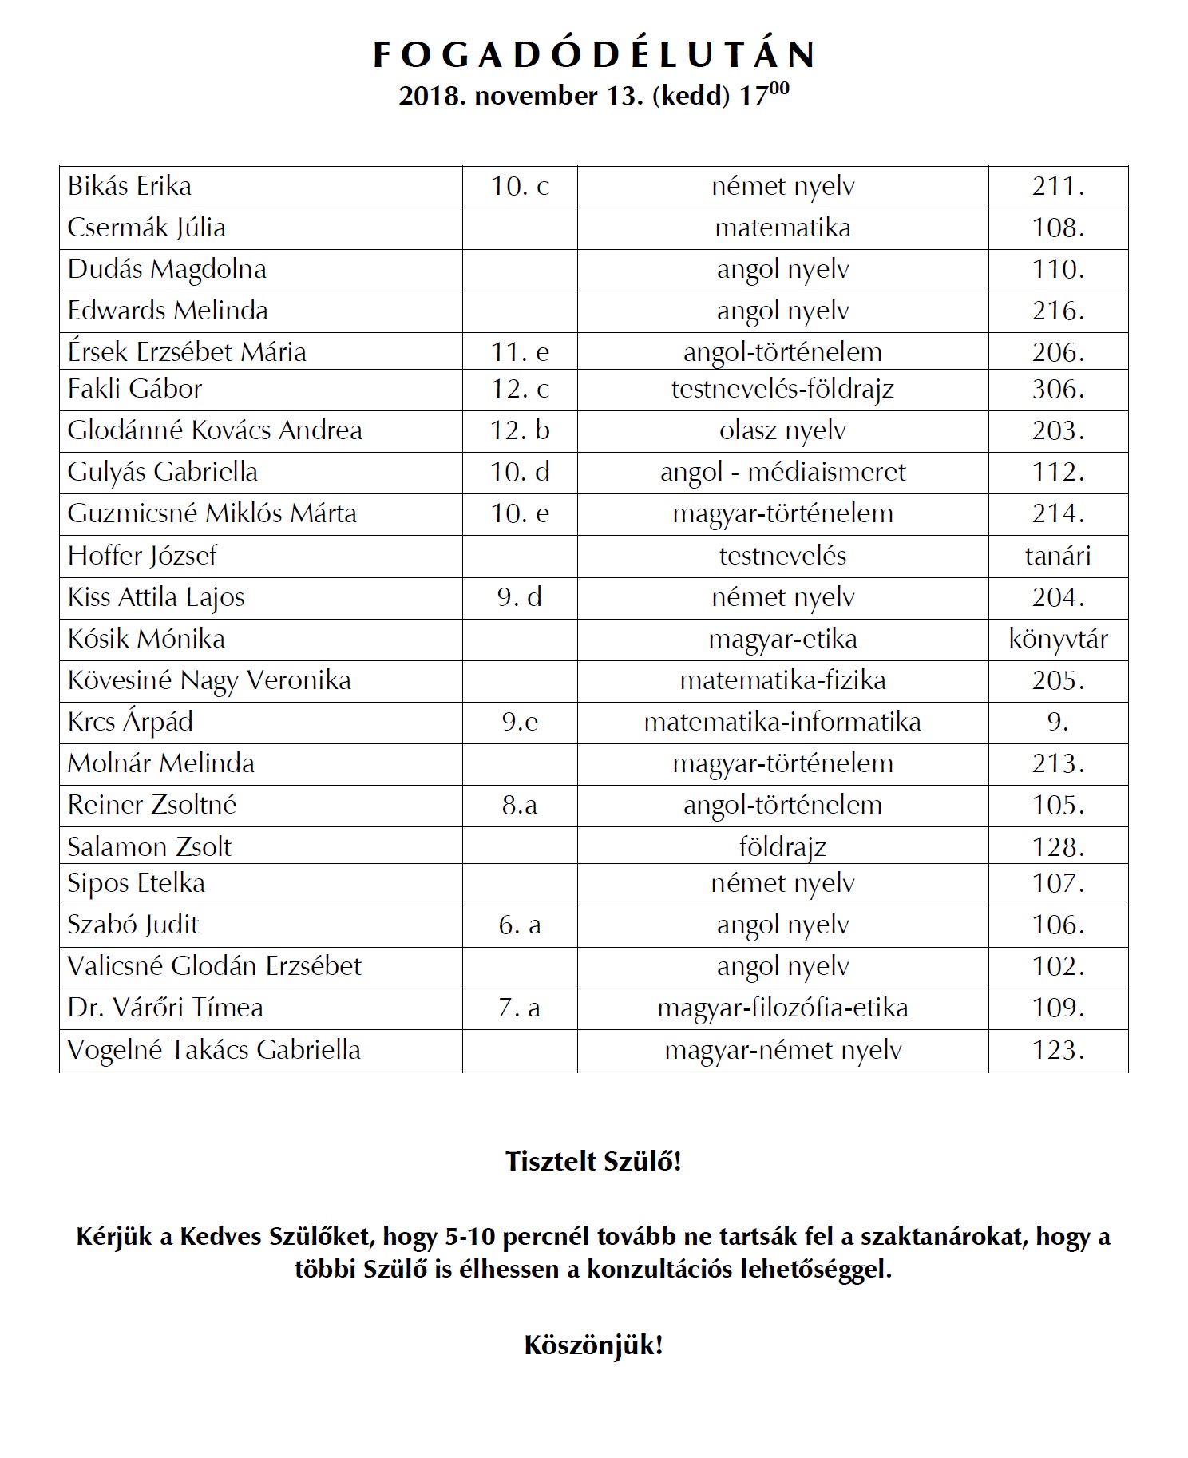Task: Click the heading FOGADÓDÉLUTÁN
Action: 594,54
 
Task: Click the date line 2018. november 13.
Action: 594,95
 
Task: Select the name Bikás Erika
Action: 129,186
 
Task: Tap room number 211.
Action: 1058,186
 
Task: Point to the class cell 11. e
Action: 520,352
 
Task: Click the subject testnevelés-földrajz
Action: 782,389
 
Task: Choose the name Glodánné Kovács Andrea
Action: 215,430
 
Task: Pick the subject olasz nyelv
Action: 782,430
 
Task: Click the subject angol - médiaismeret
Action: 782,472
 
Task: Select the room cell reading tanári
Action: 1058,556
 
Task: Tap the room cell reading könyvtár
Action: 1058,639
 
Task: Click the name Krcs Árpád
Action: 130,722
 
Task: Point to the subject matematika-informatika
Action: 782,722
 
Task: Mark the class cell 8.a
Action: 520,805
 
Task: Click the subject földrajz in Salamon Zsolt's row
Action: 782,846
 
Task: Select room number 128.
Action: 1058,846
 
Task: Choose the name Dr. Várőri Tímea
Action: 165,1008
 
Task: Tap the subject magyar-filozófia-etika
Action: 782,1008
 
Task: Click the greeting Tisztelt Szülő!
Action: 594,1161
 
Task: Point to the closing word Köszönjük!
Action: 594,1345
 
